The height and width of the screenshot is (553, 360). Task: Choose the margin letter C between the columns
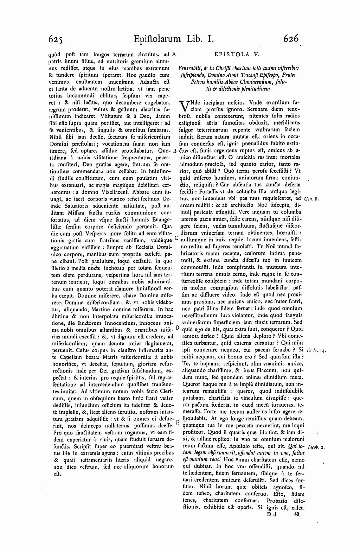click(176, 238)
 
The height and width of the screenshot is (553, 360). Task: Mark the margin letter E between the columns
click(177, 422)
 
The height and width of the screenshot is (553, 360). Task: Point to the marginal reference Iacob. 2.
click(315, 447)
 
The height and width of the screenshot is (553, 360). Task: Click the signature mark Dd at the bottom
click(272, 514)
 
